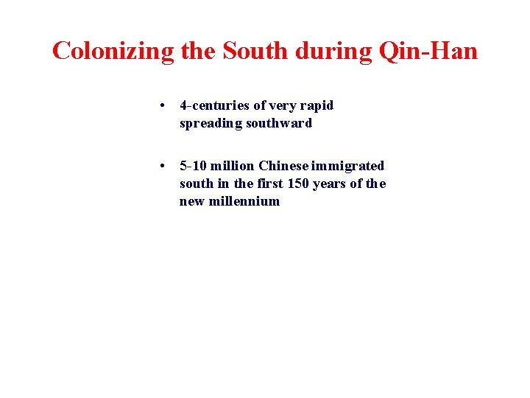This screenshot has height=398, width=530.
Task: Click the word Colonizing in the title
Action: pyautogui.click(x=113, y=51)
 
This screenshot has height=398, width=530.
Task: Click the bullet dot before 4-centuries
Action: pyautogui.click(x=162, y=105)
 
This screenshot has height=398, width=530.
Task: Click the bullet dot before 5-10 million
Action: pyautogui.click(x=162, y=166)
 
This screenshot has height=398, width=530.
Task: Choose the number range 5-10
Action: pyautogui.click(x=194, y=166)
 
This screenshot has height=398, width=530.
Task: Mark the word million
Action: pyautogui.click(x=233, y=166)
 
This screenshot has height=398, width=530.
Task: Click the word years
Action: pyautogui.click(x=330, y=184)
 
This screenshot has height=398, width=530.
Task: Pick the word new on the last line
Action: pyautogui.click(x=192, y=201)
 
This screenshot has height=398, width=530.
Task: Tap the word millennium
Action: pyautogui.click(x=245, y=201)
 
